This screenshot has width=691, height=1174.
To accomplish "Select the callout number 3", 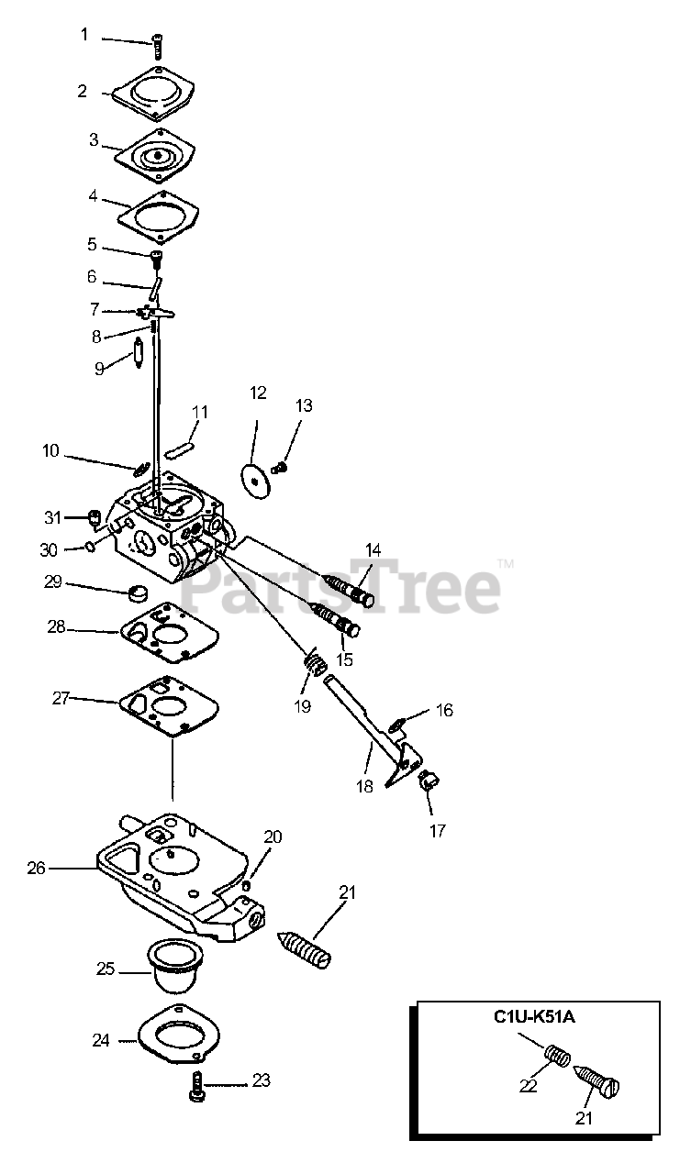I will (x=94, y=139).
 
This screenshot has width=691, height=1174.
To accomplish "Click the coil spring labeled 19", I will (x=314, y=663).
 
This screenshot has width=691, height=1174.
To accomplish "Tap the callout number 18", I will (x=365, y=786).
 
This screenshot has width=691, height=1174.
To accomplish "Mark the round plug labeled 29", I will (x=141, y=590).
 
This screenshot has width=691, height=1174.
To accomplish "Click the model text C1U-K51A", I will (x=535, y=1016).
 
